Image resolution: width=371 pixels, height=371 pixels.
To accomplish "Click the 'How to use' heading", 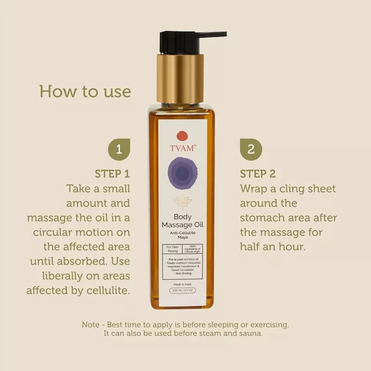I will pos(85,91).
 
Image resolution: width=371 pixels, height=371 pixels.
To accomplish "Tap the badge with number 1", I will pos(119,149).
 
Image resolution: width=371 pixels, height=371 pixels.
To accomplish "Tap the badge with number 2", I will pos(251,149).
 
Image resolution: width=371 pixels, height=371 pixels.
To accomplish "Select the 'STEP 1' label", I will pos(112,174).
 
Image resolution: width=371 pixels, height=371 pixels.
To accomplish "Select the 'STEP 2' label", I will pos(258,174).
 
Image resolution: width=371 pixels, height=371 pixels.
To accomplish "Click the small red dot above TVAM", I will pos(182,135).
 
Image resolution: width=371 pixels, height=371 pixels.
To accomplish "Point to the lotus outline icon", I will pos(182,201).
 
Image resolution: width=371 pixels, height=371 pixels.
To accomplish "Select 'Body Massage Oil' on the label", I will pos(182,220).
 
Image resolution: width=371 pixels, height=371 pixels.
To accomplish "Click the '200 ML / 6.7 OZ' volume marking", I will pos(182,291).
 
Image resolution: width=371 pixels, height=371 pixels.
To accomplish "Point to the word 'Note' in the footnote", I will pos(90,325).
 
